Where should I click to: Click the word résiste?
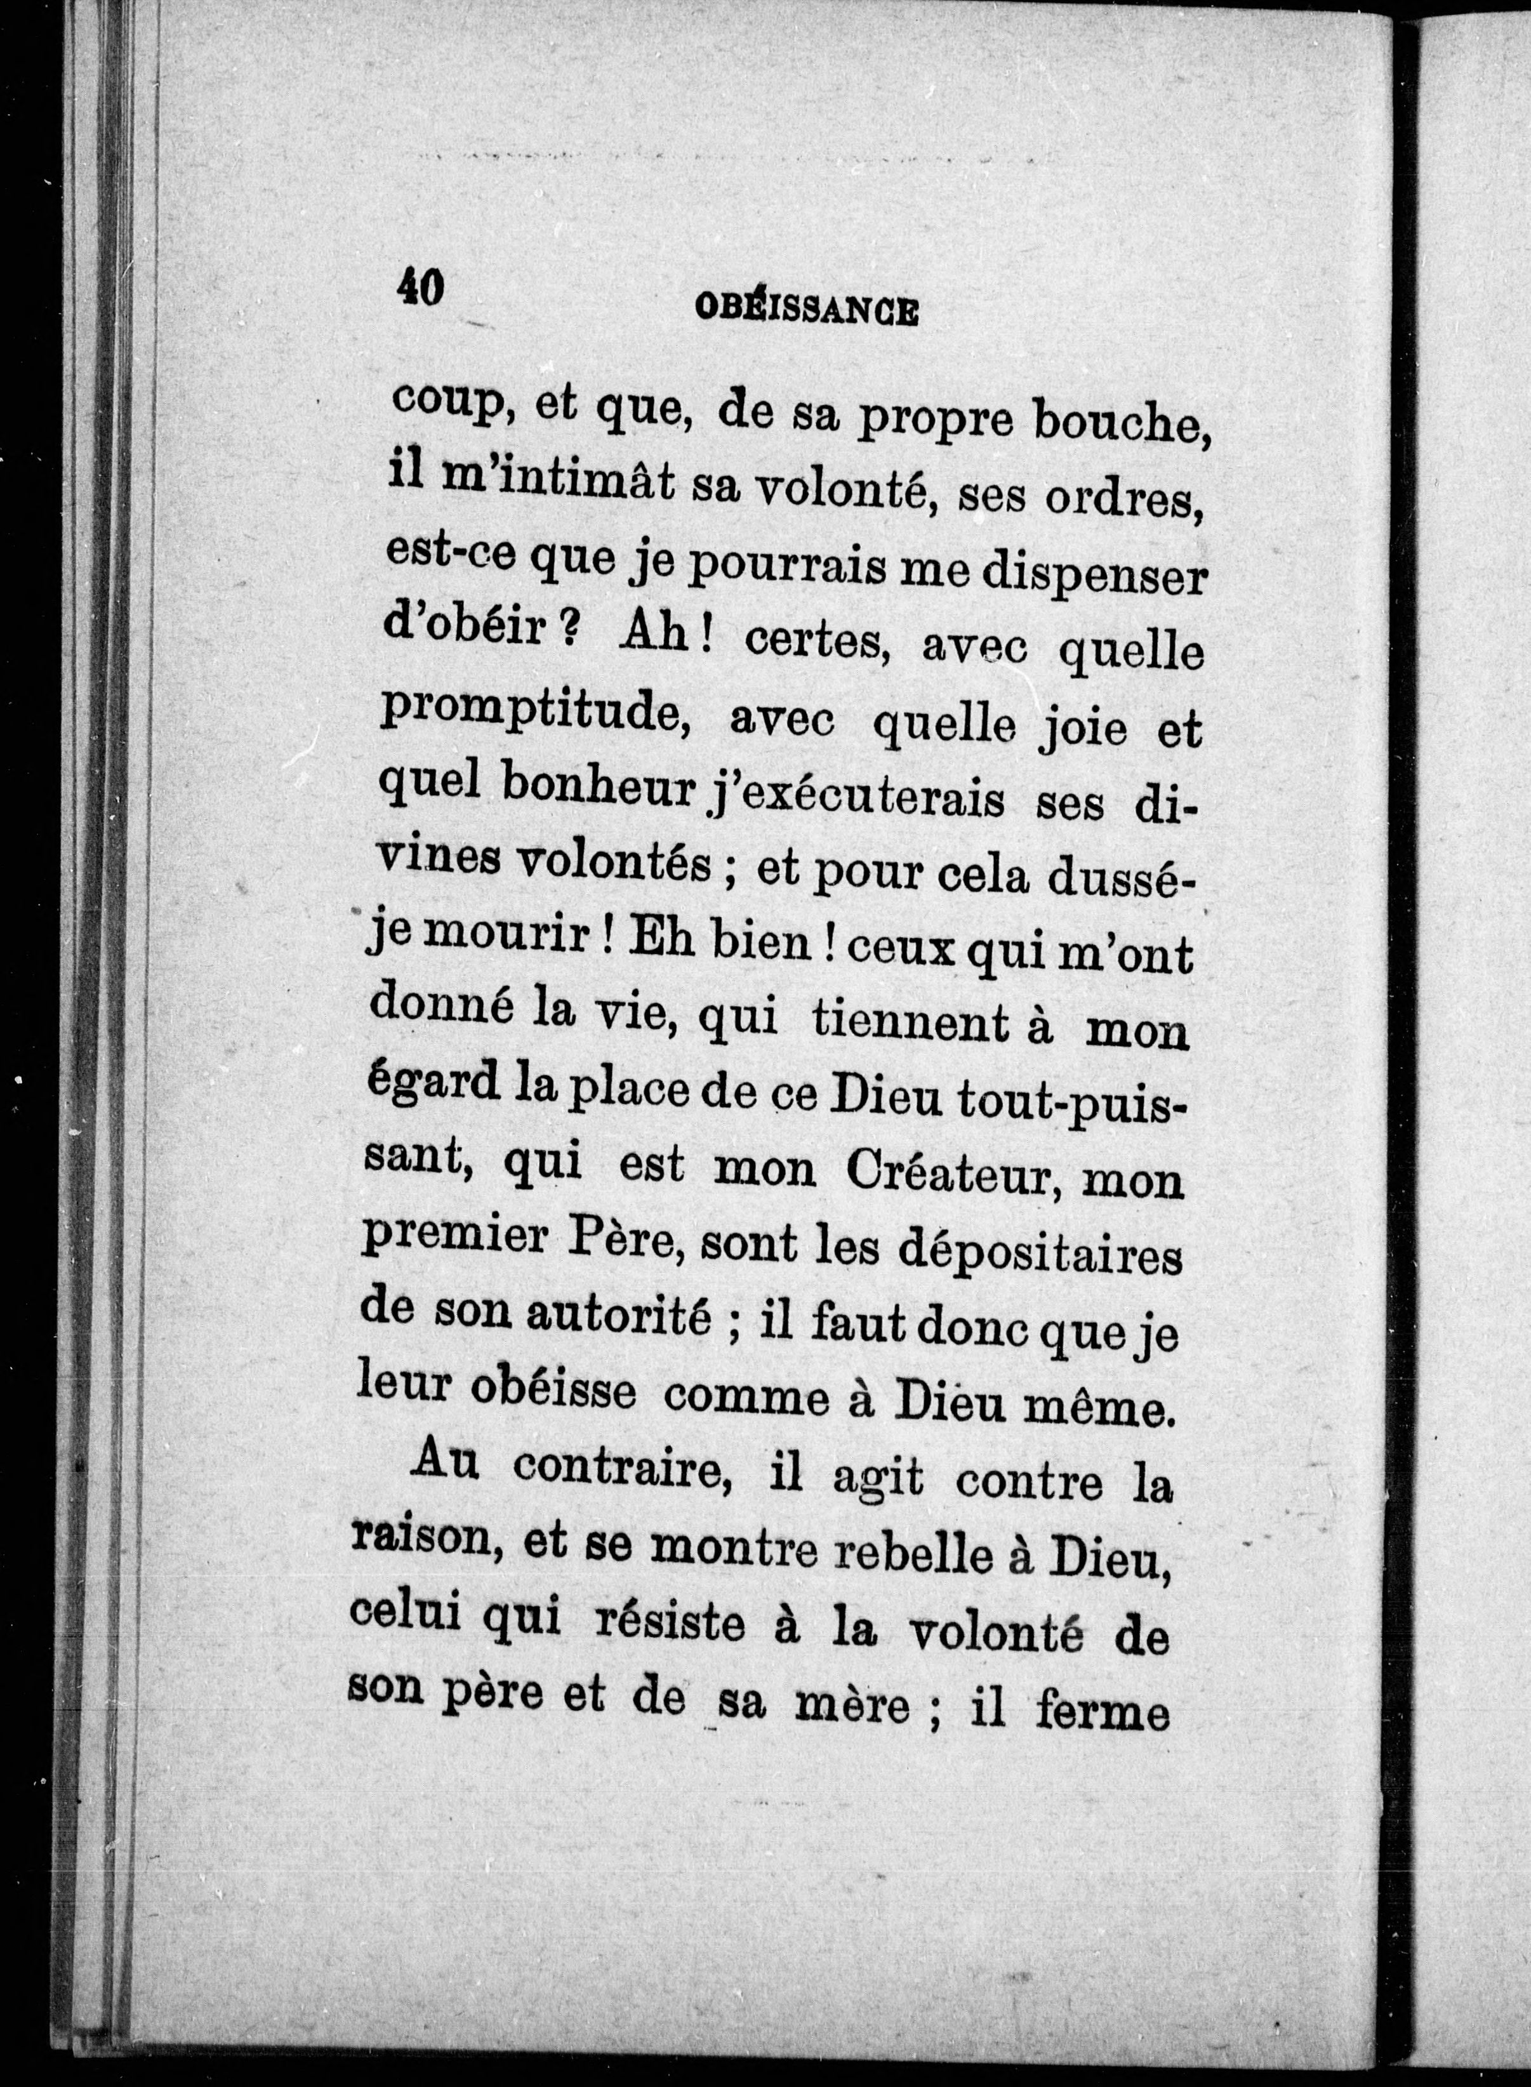[x=669, y=1627]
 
